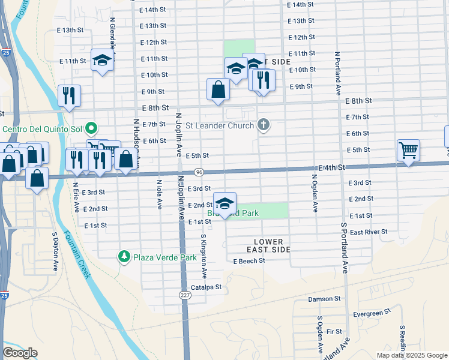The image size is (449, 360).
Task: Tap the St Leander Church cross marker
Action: pos(262,125)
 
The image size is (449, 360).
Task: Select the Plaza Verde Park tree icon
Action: pos(124,257)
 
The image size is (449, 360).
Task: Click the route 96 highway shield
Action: pos(198,172)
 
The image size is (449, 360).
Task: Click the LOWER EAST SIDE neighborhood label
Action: pos(268,245)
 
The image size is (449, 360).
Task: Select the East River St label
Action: pos(369,232)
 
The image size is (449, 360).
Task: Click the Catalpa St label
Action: pos(206,287)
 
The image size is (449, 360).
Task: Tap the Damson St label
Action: pos(324,298)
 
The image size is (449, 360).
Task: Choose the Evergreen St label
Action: pos(372,313)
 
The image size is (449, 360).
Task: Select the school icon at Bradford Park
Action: pos(224,204)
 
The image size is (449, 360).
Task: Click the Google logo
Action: pos(20,353)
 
